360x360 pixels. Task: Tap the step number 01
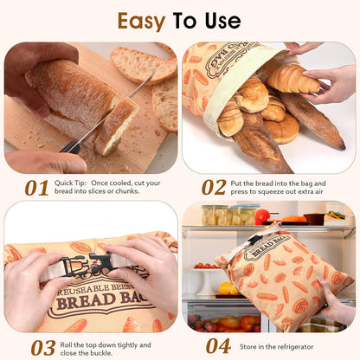click(36, 188)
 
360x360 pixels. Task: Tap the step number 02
click(214, 188)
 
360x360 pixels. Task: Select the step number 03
click(42, 346)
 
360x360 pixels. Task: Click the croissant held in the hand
click(292, 79)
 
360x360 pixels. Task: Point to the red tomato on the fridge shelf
click(262, 215)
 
